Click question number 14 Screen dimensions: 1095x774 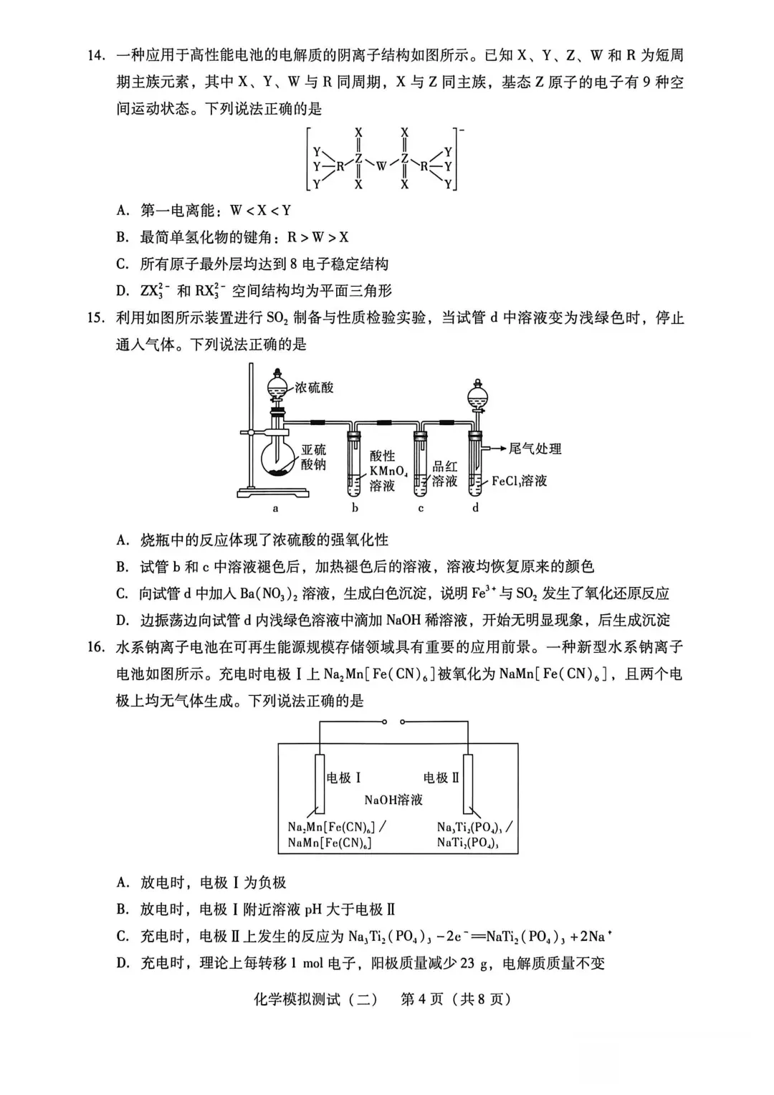tap(96, 55)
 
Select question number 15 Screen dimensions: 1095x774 tap(96, 317)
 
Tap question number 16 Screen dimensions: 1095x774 tap(96, 647)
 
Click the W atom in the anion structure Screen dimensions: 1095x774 tap(381, 166)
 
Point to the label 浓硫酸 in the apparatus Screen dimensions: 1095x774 tap(314, 388)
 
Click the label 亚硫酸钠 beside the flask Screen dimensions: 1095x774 tap(313, 456)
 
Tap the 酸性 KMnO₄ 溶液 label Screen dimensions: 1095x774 tap(387, 471)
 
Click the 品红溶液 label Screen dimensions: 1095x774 tap(444, 474)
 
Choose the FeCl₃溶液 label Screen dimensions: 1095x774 tap(519, 482)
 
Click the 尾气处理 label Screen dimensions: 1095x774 tap(535, 449)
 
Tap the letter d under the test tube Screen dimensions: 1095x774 tap(475, 508)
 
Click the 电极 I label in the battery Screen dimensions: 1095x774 tap(343, 778)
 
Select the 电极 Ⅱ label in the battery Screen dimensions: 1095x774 tap(441, 778)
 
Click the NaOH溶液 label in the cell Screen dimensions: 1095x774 tap(393, 800)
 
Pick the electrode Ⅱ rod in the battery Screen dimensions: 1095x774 tap(467, 784)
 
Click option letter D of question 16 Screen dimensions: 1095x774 tap(123, 963)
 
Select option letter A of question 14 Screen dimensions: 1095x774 tap(123, 211)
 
